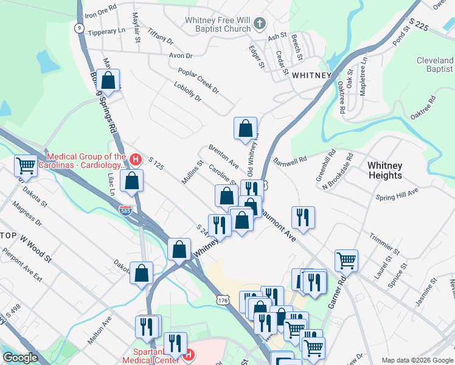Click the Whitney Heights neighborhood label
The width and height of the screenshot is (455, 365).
tap(384, 170)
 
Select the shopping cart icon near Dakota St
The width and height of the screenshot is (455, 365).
tap(26, 165)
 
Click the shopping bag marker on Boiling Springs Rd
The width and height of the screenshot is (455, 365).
tap(108, 80)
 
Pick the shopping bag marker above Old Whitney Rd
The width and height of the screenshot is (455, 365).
tap(245, 128)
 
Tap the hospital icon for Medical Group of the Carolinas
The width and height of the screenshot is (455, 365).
tap(136, 160)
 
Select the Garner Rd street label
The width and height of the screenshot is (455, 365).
tap(336, 293)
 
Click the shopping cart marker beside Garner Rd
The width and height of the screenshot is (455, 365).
tap(346, 260)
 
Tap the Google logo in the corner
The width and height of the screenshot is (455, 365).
tap(20, 358)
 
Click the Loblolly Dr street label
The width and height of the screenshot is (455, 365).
tap(187, 92)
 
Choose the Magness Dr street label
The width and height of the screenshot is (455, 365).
tap(30, 217)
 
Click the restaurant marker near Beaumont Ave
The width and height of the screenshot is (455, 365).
tap(302, 217)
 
